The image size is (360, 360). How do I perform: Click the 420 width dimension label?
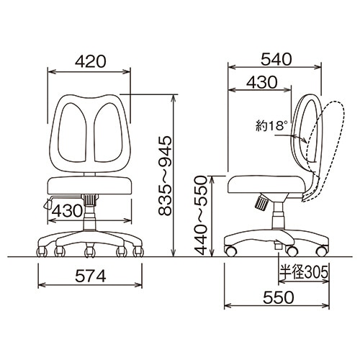click(x=90, y=61)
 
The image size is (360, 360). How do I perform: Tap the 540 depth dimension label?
click(x=276, y=59)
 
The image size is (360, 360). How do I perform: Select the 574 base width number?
click(x=91, y=276)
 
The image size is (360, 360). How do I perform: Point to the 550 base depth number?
click(x=279, y=297)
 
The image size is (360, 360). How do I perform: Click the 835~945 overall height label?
click(x=165, y=176)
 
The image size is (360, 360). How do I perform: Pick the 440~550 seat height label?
click(x=201, y=215)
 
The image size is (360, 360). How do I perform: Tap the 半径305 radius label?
click(x=304, y=272)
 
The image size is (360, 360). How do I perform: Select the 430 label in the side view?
click(x=262, y=82)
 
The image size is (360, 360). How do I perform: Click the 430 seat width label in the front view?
click(x=68, y=211)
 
